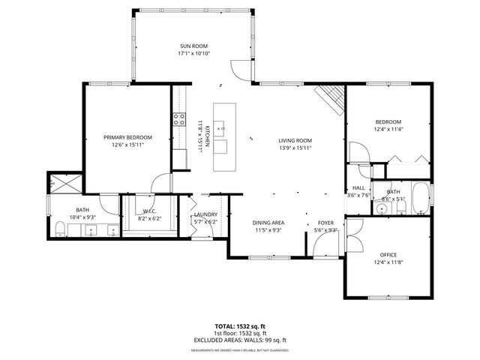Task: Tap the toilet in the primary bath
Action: (58, 228)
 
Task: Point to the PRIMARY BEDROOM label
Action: (127, 137)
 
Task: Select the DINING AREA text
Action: (268, 223)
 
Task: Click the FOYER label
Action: (325, 223)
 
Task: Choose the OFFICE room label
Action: (388, 254)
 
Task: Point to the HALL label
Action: (358, 188)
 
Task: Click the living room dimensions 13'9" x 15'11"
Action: (295, 148)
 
